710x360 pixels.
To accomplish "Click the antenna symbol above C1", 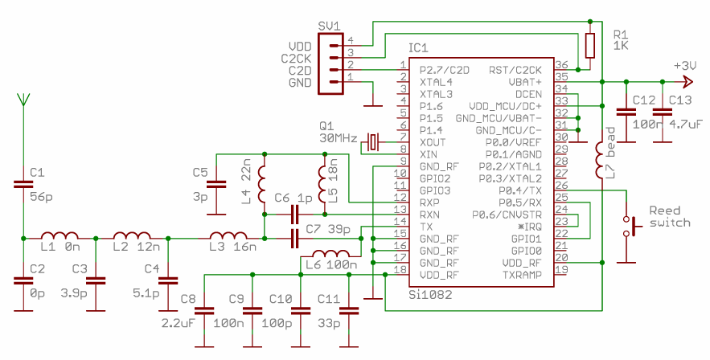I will (23, 100).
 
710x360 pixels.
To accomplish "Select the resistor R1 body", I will (590, 46).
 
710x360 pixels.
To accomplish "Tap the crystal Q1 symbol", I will (372, 142).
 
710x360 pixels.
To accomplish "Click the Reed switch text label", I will (669, 216).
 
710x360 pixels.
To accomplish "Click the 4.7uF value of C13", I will (685, 125).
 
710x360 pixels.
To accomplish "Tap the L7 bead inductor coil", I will (600, 161).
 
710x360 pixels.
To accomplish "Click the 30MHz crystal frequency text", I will (338, 138).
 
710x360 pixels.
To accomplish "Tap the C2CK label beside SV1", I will (296, 58).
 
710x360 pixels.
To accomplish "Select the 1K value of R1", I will (620, 46).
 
